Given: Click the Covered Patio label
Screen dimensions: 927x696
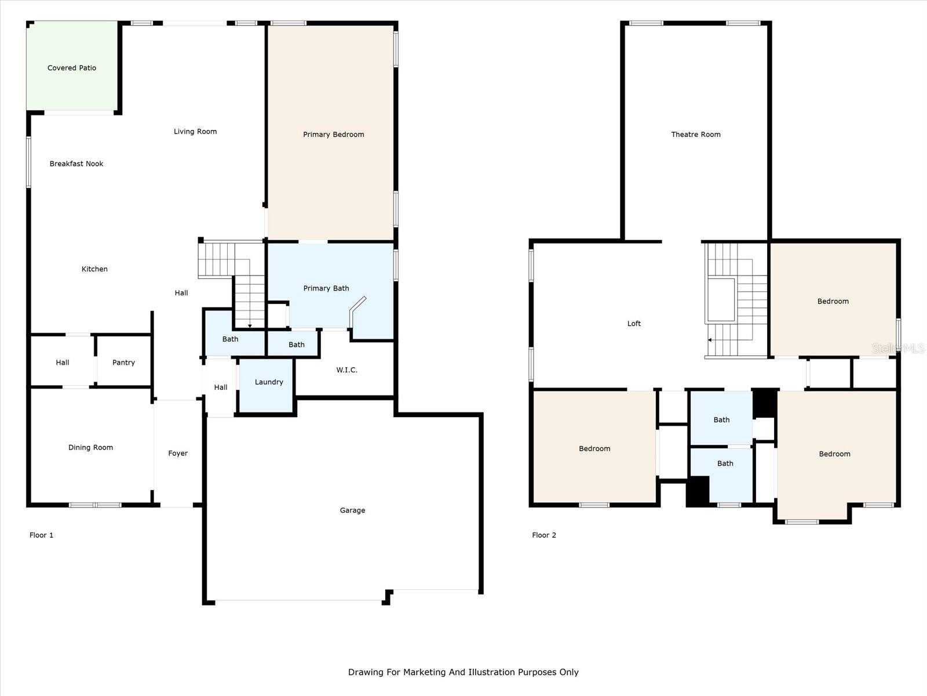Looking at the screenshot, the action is (72, 68).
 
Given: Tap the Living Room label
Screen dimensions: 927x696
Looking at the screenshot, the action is (195, 132).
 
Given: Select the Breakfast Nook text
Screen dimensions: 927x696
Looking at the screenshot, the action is (76, 164).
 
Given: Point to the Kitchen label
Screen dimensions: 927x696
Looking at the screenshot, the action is (94, 269).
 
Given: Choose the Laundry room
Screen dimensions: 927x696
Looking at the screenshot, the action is (266, 385).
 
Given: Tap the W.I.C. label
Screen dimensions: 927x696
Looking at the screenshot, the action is (346, 370).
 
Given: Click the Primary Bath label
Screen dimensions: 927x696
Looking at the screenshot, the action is (326, 288).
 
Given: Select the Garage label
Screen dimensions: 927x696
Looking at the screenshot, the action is (353, 510).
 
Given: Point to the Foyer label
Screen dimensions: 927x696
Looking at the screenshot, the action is (178, 453).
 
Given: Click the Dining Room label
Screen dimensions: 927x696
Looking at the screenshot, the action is (91, 447).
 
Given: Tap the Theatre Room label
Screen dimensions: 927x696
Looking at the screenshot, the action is (696, 135).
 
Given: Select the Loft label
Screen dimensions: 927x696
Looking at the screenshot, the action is (634, 323).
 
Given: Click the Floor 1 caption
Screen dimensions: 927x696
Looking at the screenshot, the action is (41, 535).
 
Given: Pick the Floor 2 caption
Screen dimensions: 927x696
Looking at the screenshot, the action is (544, 535).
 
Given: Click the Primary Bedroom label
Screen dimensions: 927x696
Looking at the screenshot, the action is (334, 135).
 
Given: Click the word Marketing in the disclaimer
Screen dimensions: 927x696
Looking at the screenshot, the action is (425, 672).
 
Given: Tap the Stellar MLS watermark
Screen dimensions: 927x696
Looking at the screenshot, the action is (898, 348).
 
